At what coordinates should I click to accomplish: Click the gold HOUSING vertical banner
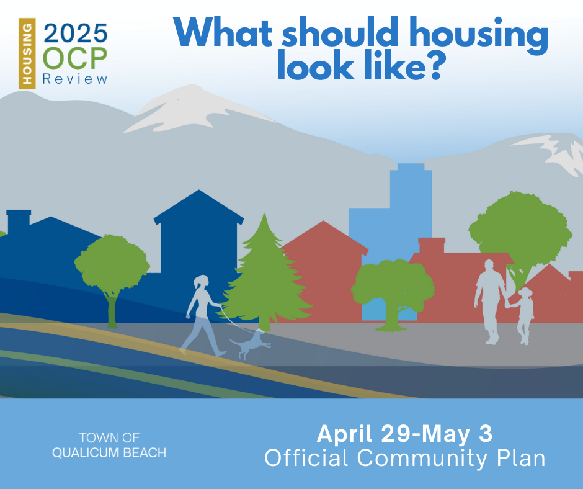pos(27,53)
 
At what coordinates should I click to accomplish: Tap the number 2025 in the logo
pos(76,33)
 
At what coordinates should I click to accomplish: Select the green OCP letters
pos(75,58)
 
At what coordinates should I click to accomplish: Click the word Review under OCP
pos(75,79)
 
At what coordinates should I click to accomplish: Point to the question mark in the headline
pos(432,66)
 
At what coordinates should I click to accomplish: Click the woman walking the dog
pos(203,315)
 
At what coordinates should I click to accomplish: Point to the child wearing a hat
pos(523,316)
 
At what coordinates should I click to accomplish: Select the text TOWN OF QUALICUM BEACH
pos(109,445)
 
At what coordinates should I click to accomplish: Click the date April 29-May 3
pos(404,434)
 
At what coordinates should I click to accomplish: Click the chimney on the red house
pos(432,245)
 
